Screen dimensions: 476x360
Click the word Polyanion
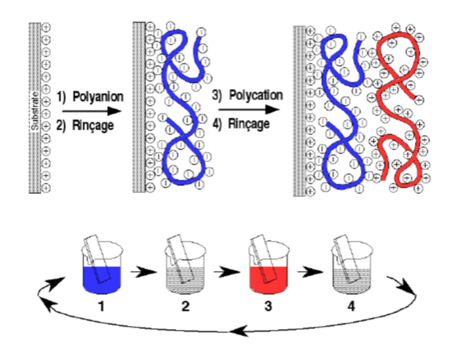[x=98, y=97]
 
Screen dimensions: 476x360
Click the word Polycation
[x=256, y=95]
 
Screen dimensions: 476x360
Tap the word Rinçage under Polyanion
[x=93, y=125]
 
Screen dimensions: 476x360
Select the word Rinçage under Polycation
[x=249, y=123]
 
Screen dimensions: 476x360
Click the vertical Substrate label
[x=35, y=111]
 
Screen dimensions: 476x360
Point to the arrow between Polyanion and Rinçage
[x=92, y=111]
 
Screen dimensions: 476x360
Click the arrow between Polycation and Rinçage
[x=249, y=110]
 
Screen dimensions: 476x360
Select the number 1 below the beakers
[x=102, y=306]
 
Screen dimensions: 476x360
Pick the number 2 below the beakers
[x=185, y=306]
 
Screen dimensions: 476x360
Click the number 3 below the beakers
[x=268, y=306]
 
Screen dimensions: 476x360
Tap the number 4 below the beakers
[x=351, y=306]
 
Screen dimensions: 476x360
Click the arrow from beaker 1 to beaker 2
[x=144, y=272]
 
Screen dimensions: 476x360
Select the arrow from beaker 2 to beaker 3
[x=226, y=272]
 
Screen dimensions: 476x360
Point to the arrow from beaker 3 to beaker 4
[x=310, y=272]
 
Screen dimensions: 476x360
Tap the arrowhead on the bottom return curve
[x=240, y=331]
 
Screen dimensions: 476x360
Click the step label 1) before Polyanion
[x=62, y=97]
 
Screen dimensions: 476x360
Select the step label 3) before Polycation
[x=217, y=95]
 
